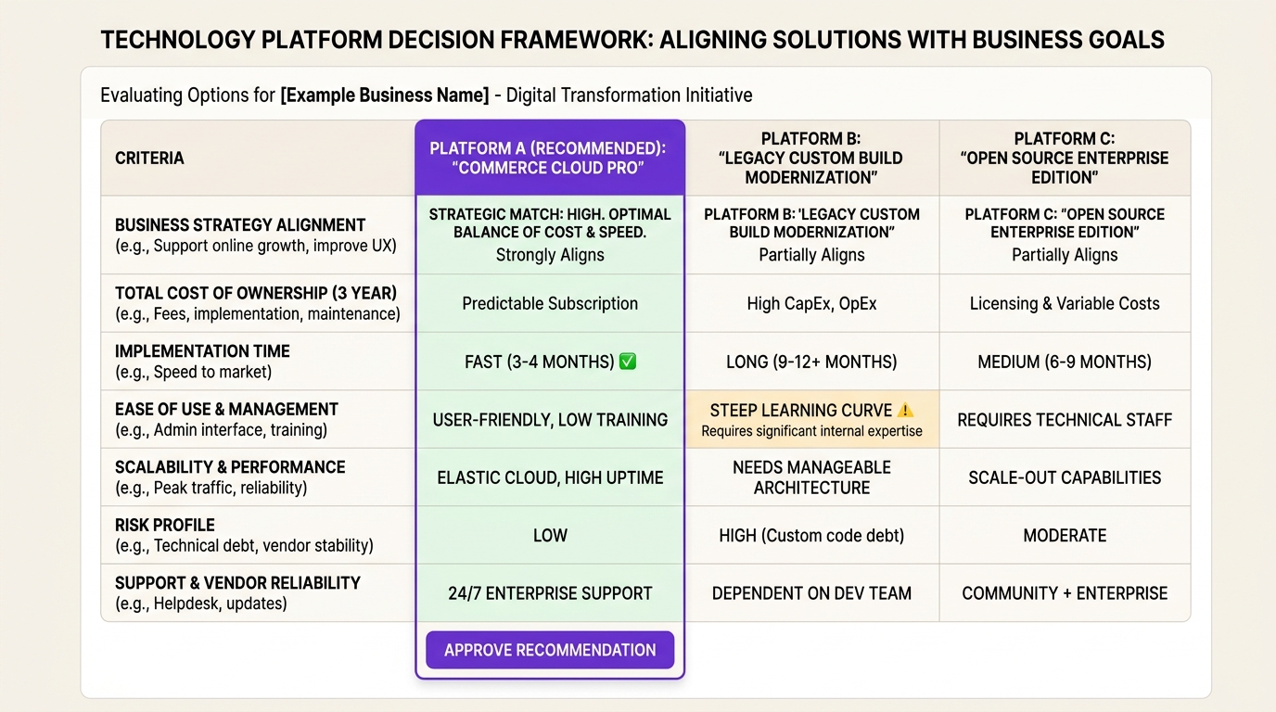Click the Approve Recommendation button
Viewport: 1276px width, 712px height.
[x=550, y=650]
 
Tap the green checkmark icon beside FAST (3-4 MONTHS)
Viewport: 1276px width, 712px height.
[x=627, y=362]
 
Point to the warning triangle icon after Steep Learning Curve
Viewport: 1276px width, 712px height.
[x=906, y=410]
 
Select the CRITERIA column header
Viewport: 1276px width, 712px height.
[x=149, y=159]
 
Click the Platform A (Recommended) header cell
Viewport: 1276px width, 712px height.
[x=550, y=159]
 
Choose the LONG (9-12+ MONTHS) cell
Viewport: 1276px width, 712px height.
[x=811, y=362]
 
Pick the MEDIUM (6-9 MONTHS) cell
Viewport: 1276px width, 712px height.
[x=1065, y=362]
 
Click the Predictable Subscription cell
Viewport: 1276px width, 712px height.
[x=550, y=303]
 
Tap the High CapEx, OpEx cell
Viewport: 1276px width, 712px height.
[x=811, y=303]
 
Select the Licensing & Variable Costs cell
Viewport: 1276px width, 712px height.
[x=1065, y=303]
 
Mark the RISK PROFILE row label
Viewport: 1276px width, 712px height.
[x=165, y=526]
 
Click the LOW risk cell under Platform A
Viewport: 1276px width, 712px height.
[x=550, y=536]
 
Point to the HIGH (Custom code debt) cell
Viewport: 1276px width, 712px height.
[x=811, y=536]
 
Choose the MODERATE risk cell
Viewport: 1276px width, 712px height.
[x=1065, y=536]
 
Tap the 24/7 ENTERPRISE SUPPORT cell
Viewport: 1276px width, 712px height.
[x=550, y=593]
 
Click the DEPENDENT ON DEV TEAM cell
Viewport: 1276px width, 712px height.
[x=811, y=593]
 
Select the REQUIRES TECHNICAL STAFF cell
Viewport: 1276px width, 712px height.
[x=1065, y=420]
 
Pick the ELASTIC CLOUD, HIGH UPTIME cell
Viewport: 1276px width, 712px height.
[x=550, y=477]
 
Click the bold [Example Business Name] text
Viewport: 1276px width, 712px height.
[x=384, y=95]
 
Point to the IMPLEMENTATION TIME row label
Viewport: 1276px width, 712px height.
[x=202, y=351]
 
